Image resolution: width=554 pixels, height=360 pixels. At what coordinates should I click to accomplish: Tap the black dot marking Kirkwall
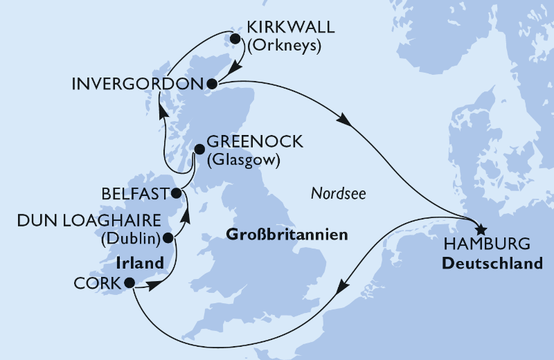tap(235, 39)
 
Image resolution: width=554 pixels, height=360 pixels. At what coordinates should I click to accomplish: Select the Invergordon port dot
tap(212, 84)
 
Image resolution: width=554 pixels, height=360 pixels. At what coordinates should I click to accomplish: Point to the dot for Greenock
tap(199, 148)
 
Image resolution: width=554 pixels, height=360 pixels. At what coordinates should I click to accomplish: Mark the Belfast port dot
tap(177, 193)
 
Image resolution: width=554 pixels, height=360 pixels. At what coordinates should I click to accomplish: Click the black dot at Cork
tap(129, 282)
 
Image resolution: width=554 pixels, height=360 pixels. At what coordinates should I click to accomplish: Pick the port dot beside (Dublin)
tap(167, 239)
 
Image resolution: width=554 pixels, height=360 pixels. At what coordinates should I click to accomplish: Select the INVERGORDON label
tap(137, 84)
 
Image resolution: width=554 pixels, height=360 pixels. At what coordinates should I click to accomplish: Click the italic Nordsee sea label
tap(337, 195)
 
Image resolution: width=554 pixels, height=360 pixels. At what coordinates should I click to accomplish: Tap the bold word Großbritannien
tap(287, 236)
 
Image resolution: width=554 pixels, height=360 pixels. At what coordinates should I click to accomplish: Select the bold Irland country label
tap(141, 264)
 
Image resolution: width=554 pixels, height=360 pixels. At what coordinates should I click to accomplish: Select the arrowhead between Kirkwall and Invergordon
tap(234, 67)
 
